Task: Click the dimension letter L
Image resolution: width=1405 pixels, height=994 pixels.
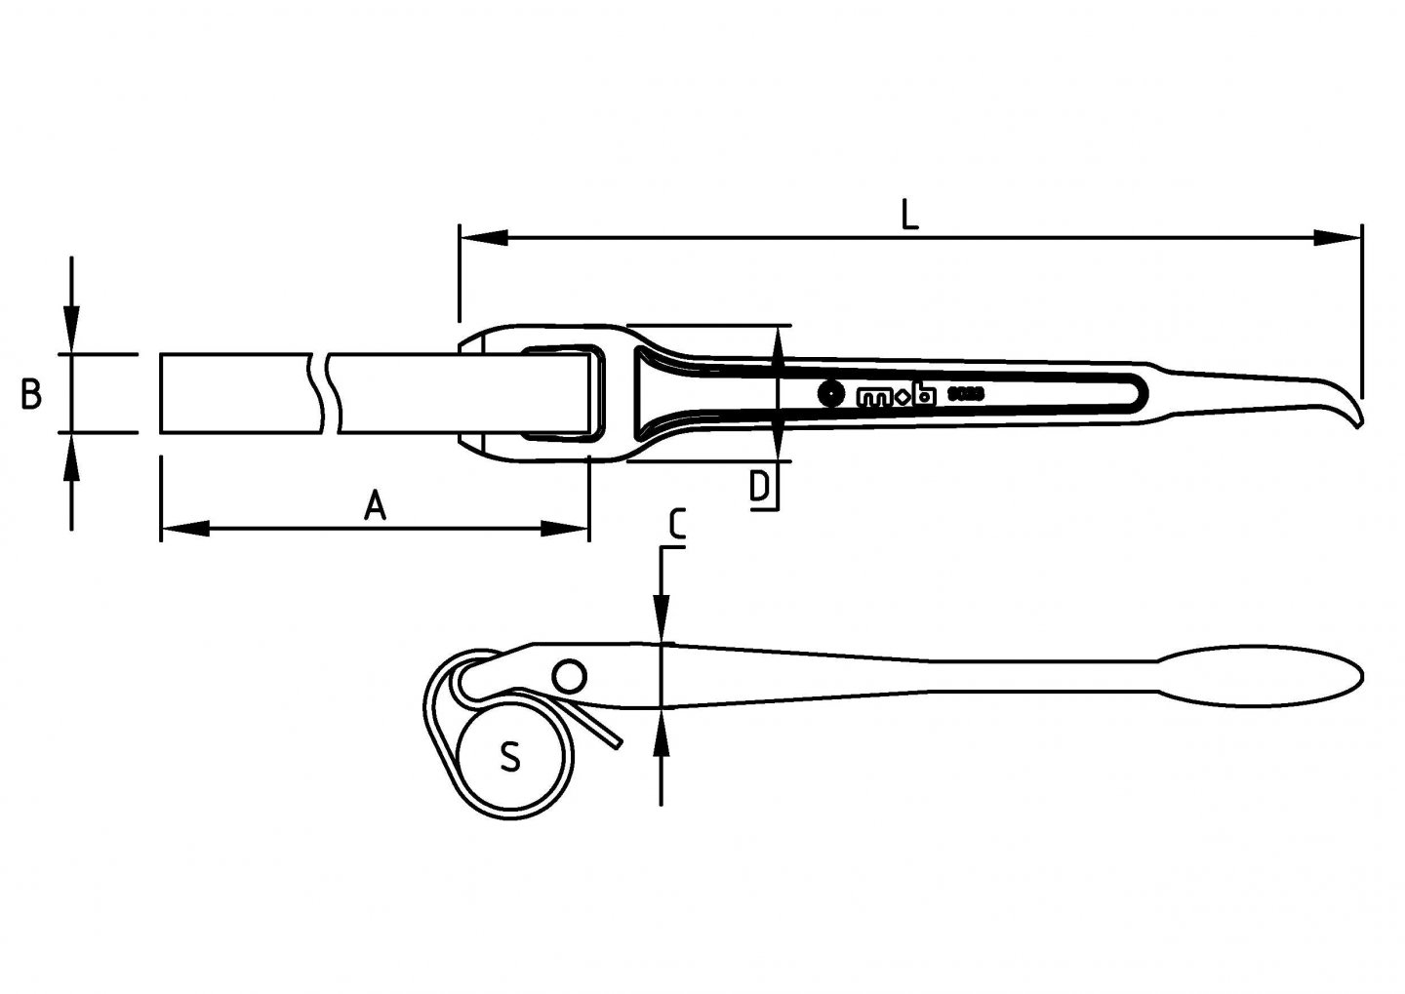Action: tap(908, 214)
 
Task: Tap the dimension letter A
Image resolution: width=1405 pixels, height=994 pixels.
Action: tap(375, 506)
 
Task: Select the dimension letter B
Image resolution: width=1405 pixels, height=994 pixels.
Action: tap(31, 394)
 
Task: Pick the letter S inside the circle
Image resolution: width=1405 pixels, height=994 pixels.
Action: tap(509, 756)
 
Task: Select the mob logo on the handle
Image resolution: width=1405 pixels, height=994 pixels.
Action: tap(896, 396)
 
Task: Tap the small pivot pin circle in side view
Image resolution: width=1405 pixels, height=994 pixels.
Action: tap(567, 675)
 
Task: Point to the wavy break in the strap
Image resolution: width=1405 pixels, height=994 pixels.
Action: tap(325, 393)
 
